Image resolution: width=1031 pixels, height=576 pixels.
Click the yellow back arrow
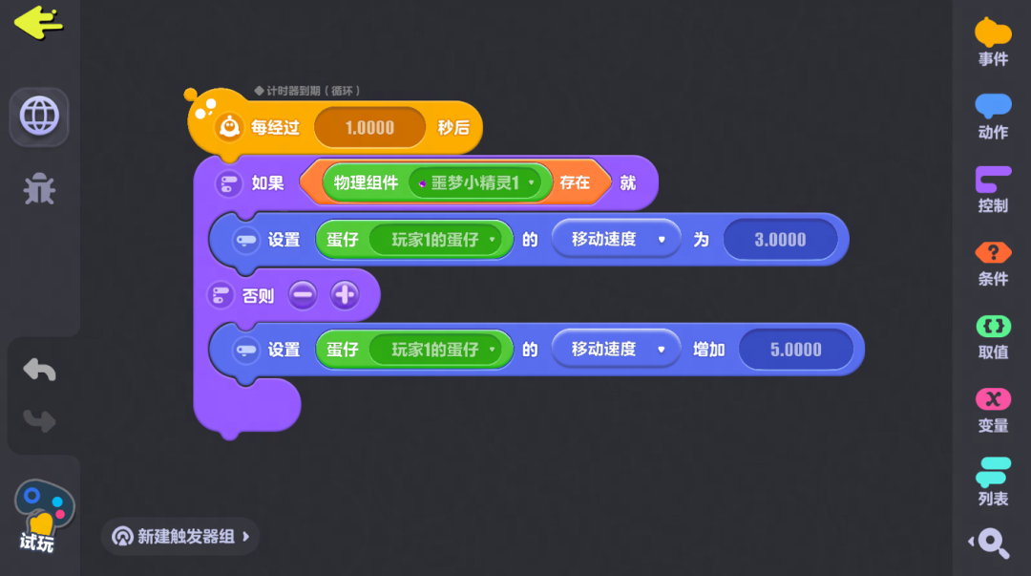pos(39,23)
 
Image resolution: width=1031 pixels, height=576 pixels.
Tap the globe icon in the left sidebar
pos(39,117)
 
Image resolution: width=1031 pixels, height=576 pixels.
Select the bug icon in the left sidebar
pos(39,189)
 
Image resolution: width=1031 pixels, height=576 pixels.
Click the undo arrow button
pos(39,370)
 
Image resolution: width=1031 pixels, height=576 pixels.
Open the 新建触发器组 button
pos(180,537)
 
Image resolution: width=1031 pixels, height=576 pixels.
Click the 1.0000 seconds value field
pos(369,128)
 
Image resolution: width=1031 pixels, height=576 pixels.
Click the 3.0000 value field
pos(780,240)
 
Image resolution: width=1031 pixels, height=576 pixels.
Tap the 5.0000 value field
pos(795,350)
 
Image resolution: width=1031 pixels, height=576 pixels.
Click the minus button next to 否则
pos(303,295)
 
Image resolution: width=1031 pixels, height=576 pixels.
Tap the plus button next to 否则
pos(345,295)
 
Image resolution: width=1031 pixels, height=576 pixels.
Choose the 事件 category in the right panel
pos(993,42)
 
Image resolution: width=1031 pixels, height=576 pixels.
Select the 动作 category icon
pos(993,117)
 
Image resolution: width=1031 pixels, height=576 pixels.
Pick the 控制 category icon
pos(993,189)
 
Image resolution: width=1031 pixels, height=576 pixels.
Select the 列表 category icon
pos(993,481)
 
